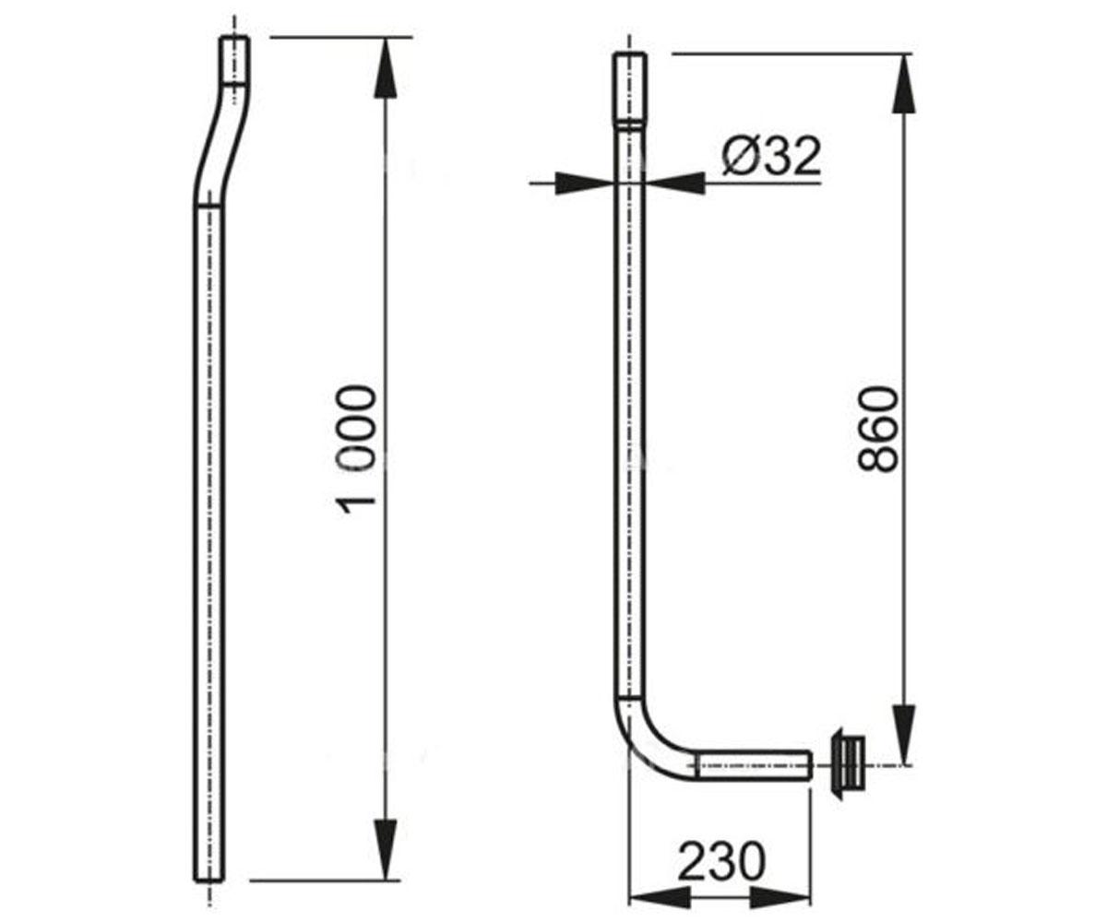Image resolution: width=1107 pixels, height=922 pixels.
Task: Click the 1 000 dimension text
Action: coord(359,451)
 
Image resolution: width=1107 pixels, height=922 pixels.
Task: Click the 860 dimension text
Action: coord(878,430)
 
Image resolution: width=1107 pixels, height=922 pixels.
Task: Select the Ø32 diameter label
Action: coord(772,157)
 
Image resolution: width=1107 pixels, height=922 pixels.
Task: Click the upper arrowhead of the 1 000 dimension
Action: coord(386,68)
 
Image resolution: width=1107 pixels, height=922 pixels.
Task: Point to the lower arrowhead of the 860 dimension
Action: coord(903,734)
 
